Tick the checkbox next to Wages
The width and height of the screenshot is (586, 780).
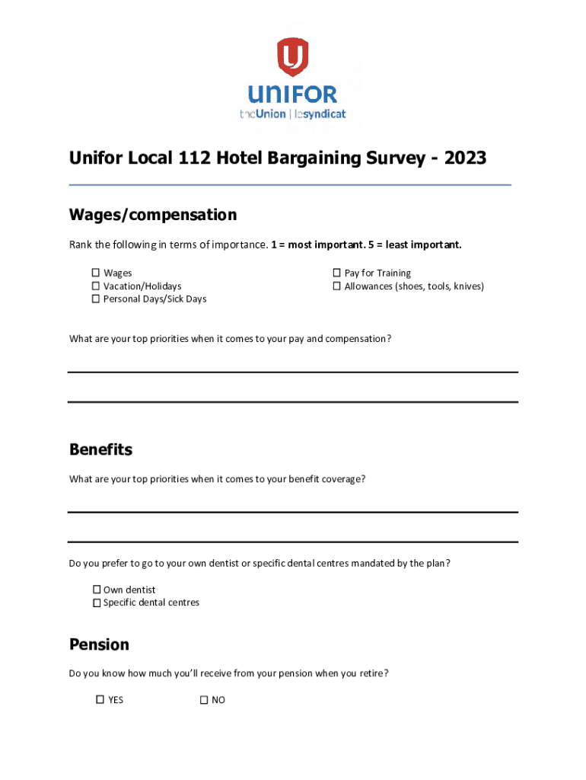click(97, 273)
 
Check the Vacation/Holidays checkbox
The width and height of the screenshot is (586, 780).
click(97, 286)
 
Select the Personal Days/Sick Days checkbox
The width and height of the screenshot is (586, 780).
click(97, 299)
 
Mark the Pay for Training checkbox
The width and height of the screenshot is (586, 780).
click(336, 273)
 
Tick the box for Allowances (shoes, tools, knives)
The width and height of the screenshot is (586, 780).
click(336, 286)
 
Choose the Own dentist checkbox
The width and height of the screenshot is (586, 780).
click(97, 590)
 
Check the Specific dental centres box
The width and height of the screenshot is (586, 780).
click(97, 603)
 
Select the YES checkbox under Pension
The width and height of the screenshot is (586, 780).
click(100, 699)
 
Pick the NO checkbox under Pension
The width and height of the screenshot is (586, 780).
click(204, 699)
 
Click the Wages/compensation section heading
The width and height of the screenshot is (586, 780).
click(153, 215)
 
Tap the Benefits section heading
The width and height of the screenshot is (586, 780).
click(100, 449)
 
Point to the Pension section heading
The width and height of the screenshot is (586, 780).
click(99, 644)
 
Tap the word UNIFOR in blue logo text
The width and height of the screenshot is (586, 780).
click(292, 95)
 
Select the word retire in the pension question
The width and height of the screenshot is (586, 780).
click(371, 673)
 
